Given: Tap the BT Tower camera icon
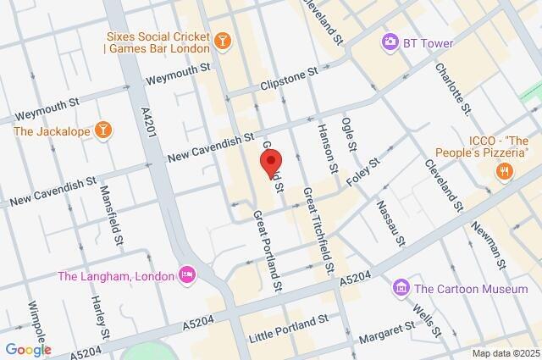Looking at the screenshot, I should (x=390, y=42).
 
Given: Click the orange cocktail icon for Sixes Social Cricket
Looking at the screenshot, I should (x=221, y=41).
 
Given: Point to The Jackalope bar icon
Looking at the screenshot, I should (x=104, y=130).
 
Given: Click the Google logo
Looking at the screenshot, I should (x=28, y=349).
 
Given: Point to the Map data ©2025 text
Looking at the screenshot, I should (x=505, y=353).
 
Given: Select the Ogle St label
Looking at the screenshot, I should (x=349, y=135).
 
